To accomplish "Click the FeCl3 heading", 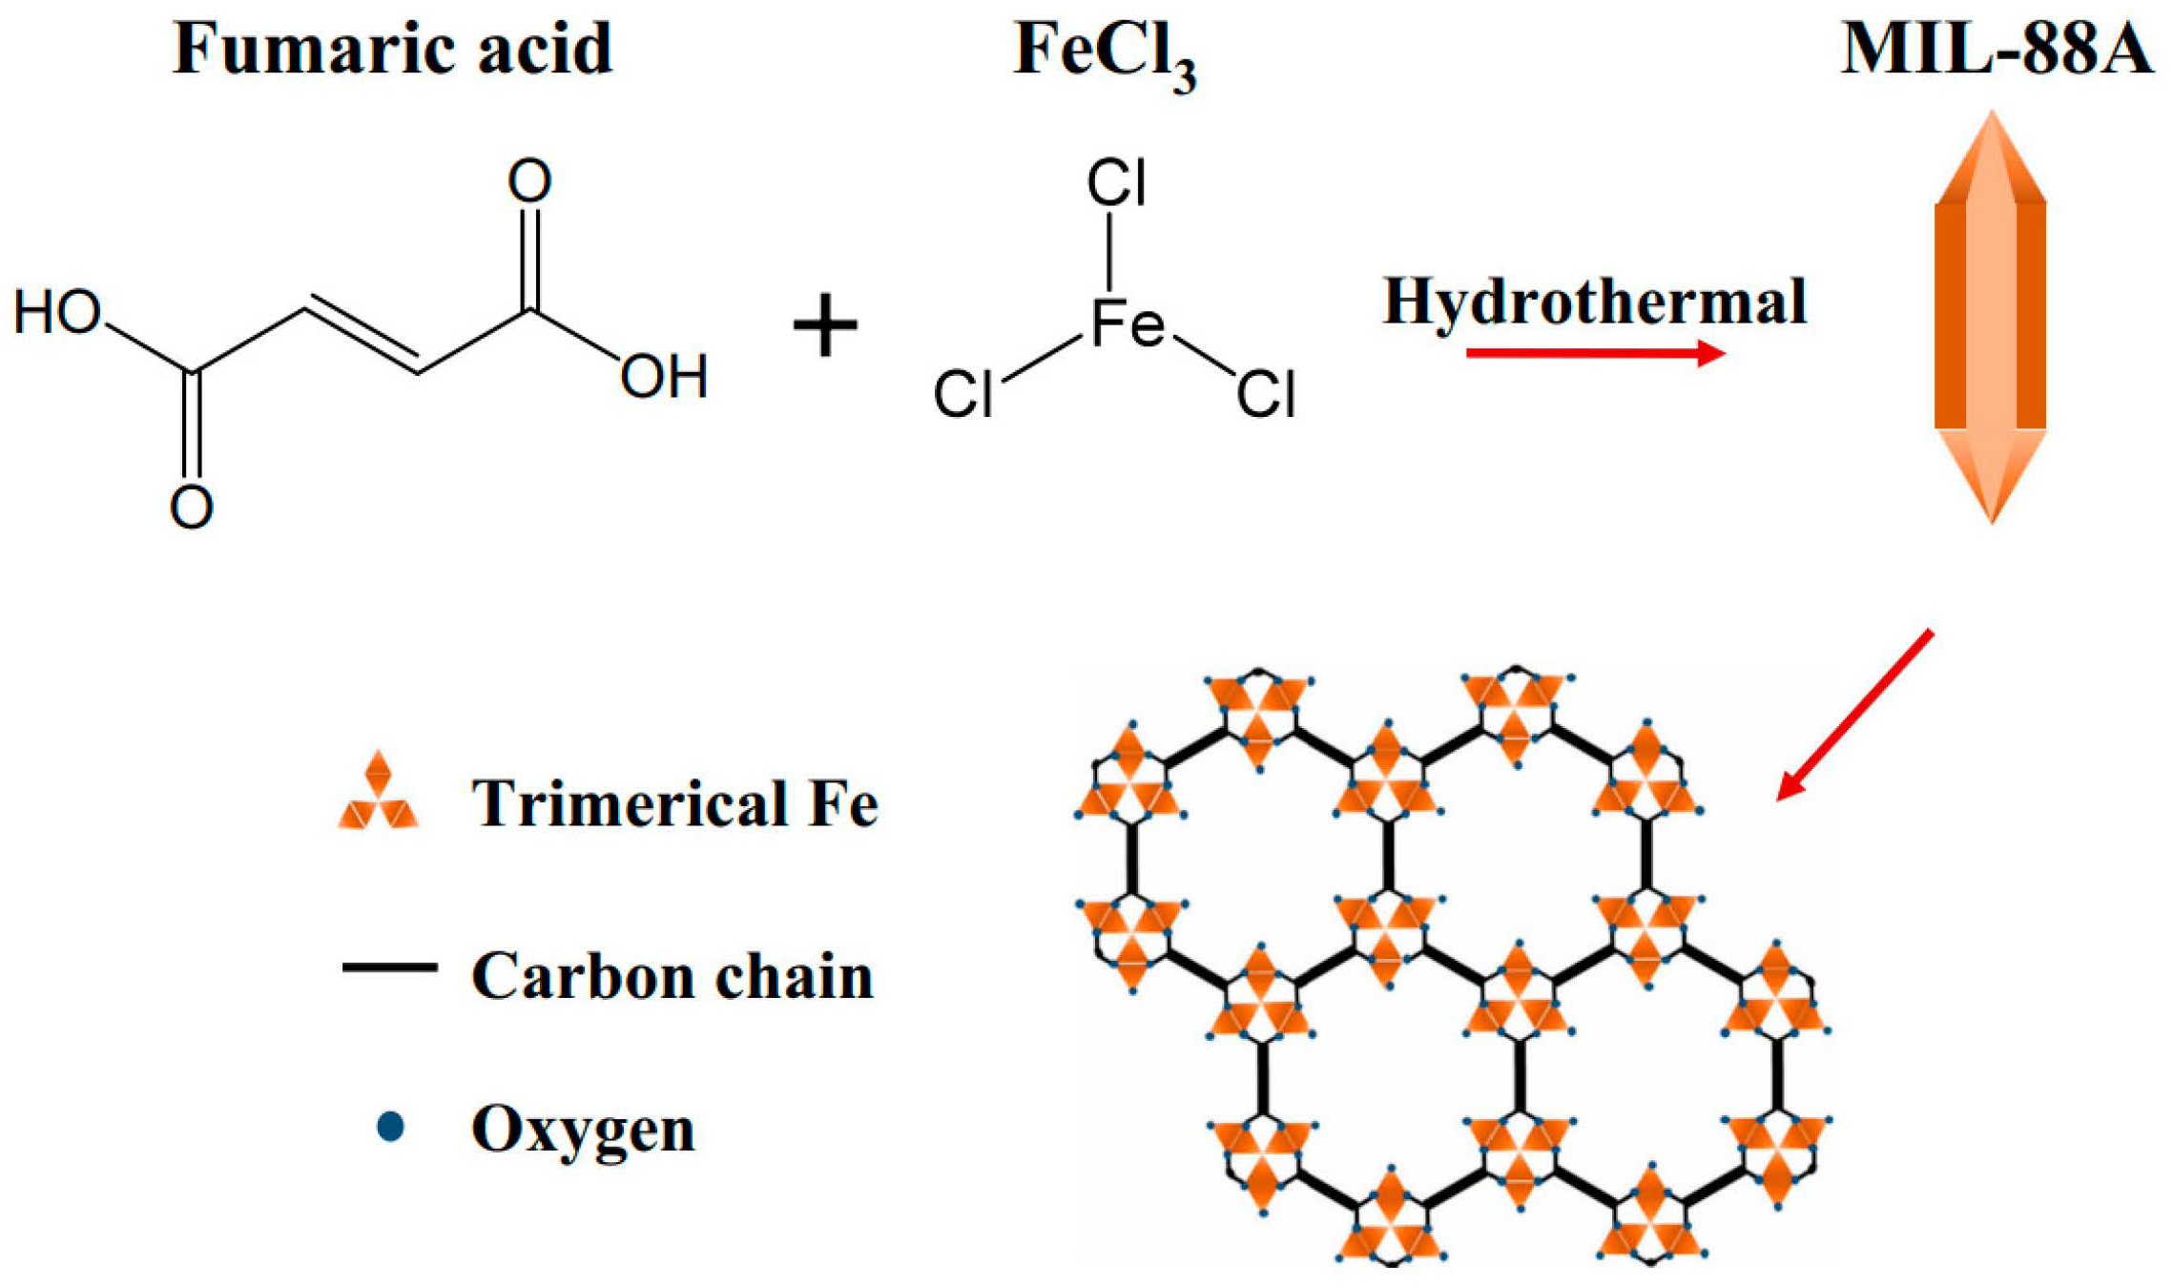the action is tap(1104, 52).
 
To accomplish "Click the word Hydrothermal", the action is tap(1594, 302).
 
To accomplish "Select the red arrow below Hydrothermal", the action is tap(1594, 354).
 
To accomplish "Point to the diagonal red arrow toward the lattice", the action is tap(1854, 714).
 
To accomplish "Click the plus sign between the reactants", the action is tap(825, 326).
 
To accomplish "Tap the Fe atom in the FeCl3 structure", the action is tap(1127, 322).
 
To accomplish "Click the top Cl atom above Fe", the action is tap(1115, 182).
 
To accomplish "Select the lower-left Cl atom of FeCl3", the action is tap(963, 393).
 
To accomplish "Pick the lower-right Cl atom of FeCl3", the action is tap(1266, 393).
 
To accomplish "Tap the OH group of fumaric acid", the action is tap(664, 376).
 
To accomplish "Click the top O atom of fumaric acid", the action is tap(529, 180).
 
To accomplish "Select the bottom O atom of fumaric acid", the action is tap(191, 507).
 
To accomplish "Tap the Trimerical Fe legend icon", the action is tap(378, 794).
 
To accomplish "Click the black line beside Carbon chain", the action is tap(389, 967).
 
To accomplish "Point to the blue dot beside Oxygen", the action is tap(390, 1127).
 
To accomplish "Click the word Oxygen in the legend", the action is tap(583, 1130).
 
